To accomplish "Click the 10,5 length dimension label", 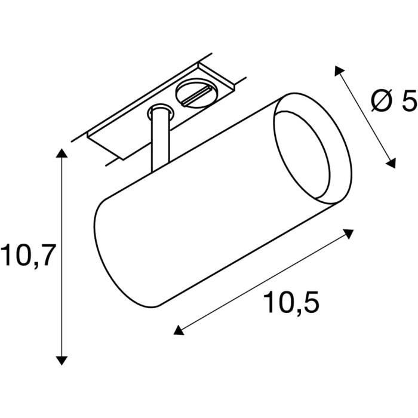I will (291, 303).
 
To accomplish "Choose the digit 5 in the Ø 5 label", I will (407, 102).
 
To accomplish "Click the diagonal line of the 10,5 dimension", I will (263, 281).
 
